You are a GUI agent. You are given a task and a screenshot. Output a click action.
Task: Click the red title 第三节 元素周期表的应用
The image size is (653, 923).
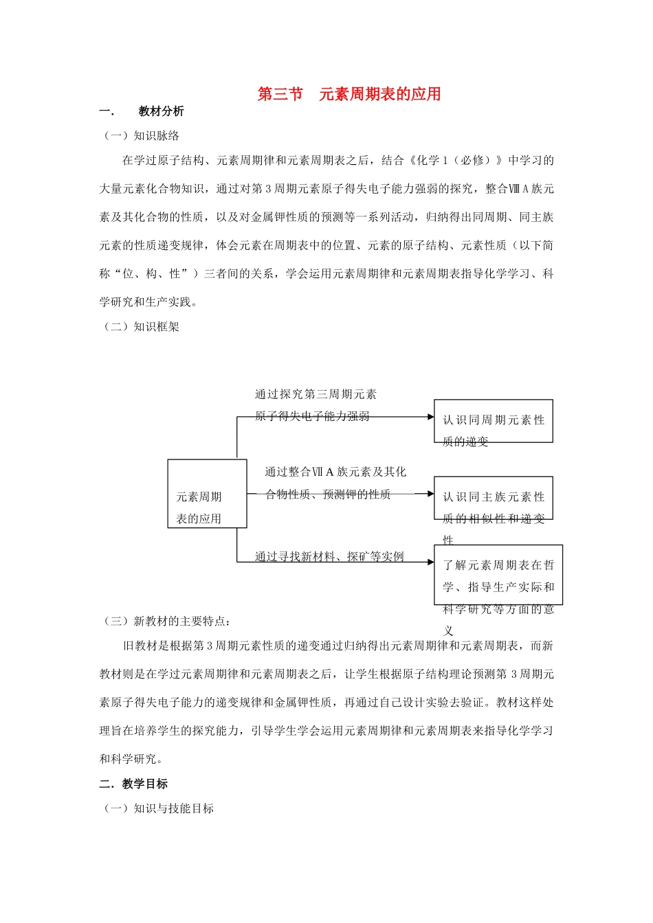[348, 94]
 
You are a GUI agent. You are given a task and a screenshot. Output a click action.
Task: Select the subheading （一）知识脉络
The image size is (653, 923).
[141, 136]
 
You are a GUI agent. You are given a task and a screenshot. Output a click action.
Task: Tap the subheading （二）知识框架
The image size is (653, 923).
[141, 327]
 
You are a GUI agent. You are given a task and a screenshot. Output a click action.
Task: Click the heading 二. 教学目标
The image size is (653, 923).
[134, 784]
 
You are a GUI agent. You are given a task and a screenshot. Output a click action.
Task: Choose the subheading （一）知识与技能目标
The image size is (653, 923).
[158, 808]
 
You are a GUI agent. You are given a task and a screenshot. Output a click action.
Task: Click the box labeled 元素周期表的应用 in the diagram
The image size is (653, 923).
[207, 494]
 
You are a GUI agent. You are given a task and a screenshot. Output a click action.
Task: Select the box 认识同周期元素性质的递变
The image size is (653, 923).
[493, 421]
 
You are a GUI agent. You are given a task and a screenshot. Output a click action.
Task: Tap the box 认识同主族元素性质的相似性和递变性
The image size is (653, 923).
[493, 498]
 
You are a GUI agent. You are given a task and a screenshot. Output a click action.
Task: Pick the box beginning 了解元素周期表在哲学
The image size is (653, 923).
[498, 576]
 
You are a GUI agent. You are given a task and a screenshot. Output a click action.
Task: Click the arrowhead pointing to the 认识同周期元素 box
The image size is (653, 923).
[430, 417]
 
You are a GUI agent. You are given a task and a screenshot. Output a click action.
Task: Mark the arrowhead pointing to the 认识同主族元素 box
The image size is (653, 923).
[430, 494]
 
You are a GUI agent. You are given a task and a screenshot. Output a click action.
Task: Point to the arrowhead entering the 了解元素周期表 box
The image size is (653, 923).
[430, 562]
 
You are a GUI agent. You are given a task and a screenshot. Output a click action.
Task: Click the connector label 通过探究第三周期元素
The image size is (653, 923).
[316, 394]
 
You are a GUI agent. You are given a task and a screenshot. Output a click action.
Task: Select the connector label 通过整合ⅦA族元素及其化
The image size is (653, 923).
[335, 472]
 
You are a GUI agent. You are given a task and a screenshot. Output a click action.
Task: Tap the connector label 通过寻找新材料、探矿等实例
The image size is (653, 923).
[329, 556]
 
